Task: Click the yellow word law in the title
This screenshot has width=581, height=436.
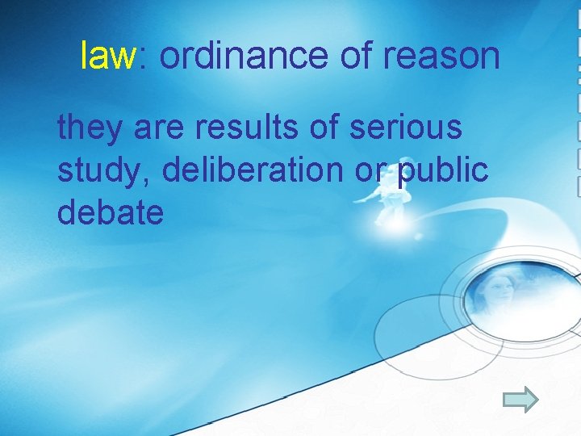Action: click(x=108, y=56)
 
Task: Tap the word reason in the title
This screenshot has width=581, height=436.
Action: click(x=441, y=56)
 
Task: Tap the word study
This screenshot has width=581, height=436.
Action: click(x=94, y=170)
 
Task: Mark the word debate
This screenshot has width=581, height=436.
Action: click(x=111, y=212)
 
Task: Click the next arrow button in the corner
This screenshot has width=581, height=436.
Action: click(x=520, y=399)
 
